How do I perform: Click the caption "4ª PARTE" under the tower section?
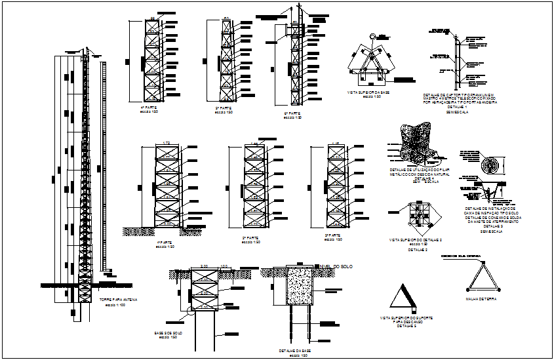151,108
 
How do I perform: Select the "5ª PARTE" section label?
224,108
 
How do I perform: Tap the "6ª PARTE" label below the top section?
292,113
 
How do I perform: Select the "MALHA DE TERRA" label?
482,298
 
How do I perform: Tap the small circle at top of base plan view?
374,36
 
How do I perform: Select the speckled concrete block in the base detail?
299,288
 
